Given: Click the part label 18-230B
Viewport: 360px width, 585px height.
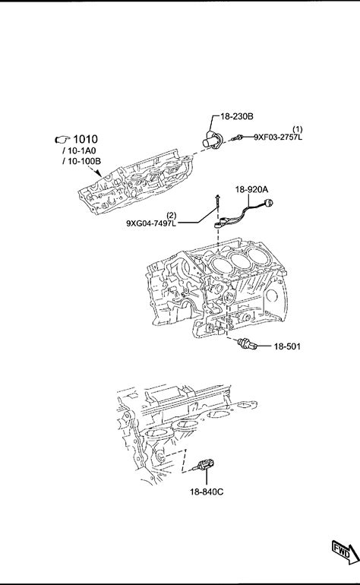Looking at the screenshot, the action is click(x=237, y=116).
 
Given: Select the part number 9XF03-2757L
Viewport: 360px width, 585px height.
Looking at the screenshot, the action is click(x=278, y=137).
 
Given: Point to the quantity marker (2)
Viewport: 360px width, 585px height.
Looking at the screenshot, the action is click(x=171, y=215).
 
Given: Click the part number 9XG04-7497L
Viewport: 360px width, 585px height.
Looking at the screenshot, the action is click(x=151, y=223).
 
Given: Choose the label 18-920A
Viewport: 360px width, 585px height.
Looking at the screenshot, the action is click(x=251, y=189).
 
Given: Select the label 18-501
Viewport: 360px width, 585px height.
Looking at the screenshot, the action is click(x=287, y=346).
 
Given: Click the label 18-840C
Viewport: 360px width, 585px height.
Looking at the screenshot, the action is click(x=207, y=492).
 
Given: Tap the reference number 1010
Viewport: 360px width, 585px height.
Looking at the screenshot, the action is click(x=85, y=139).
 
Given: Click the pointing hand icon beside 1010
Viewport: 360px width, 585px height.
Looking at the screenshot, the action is click(x=62, y=140).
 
